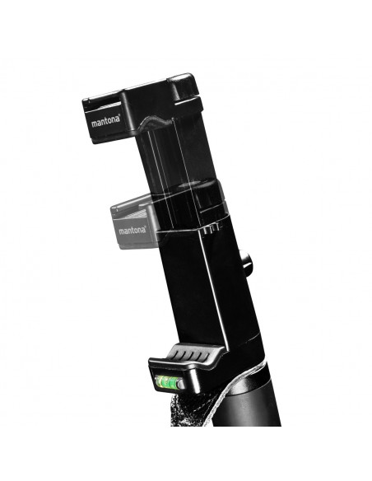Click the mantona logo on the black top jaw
pos(105,121)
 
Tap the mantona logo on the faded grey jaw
pos(133,230)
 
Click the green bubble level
pos(167,381)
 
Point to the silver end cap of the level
pos(181,383)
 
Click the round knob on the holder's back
pos(245,259)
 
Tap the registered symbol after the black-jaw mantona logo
pos(119,117)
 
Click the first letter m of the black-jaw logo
pos(94,124)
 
